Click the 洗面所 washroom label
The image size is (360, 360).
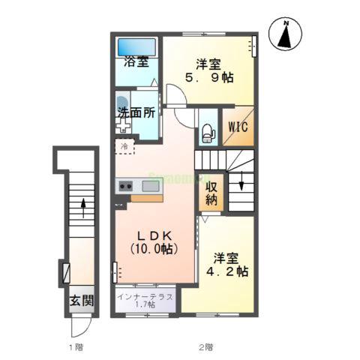(136, 113)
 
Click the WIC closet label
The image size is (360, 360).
(239, 127)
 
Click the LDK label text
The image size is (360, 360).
(153, 233)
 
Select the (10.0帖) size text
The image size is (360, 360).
(153, 248)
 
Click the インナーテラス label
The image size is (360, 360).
(146, 297)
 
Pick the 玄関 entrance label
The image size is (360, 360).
(82, 301)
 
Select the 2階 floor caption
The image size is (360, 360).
(205, 347)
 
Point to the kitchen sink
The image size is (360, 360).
(151, 186)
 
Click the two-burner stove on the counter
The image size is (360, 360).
(124, 186)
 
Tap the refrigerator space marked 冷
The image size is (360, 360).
(124, 146)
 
